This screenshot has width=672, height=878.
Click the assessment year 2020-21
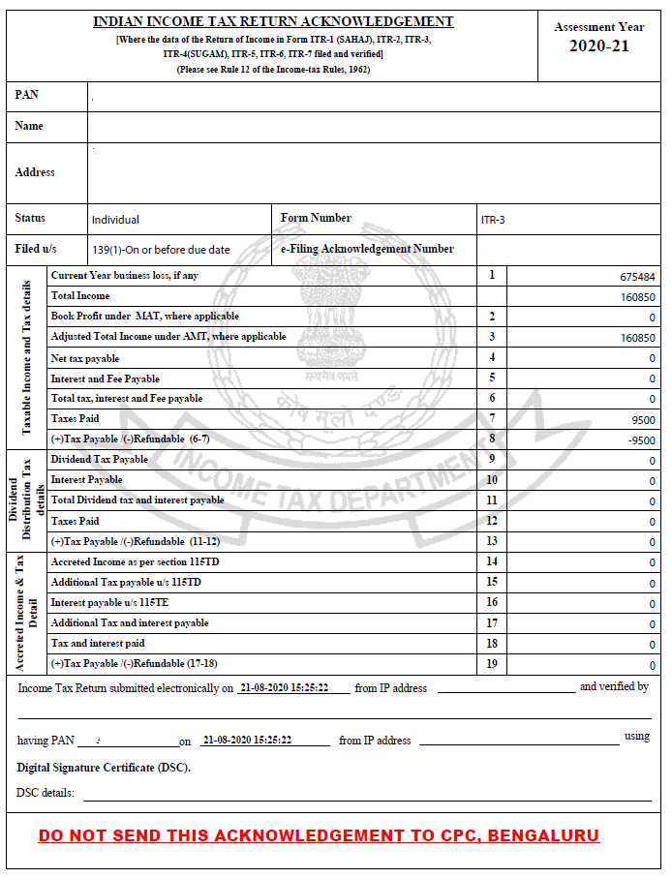coord(598,46)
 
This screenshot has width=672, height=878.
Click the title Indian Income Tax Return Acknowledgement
coord(273,21)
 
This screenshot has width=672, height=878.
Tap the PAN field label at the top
coord(27,95)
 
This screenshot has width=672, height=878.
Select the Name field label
coord(29,126)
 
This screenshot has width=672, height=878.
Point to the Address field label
coord(35,172)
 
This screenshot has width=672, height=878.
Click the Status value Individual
coord(115,220)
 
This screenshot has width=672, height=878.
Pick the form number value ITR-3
coord(493,220)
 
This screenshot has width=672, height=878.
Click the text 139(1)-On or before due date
coord(161,250)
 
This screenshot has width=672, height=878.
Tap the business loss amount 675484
coord(637,277)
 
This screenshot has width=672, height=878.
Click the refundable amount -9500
coord(642,440)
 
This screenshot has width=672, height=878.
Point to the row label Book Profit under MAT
coord(145,317)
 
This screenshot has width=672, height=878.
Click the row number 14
coord(492,561)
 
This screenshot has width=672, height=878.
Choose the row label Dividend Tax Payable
coord(100,459)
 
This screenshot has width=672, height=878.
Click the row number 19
coord(492,663)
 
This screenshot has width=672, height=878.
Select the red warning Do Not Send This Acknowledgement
coord(319,835)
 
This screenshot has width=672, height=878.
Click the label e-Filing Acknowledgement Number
coord(367,249)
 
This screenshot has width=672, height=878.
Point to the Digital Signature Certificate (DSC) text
coord(104,768)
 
